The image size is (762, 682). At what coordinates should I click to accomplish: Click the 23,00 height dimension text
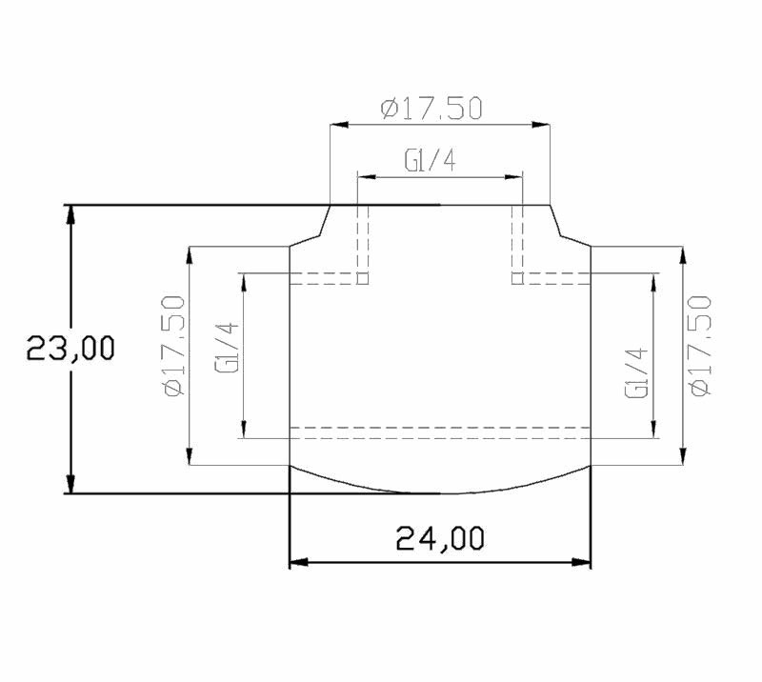tap(70, 348)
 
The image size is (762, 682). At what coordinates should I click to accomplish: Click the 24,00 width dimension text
tap(440, 538)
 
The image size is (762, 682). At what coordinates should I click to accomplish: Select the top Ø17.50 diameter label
tap(431, 109)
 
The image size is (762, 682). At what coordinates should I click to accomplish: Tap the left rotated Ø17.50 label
tap(175, 346)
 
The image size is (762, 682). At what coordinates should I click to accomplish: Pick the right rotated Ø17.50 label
tap(700, 346)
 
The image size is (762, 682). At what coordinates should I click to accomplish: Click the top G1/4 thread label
tap(431, 160)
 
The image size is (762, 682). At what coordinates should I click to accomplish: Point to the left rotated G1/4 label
tap(227, 348)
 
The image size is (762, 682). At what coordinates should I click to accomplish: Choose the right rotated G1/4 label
tap(636, 372)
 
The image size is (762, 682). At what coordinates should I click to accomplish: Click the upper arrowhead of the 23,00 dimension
tap(71, 214)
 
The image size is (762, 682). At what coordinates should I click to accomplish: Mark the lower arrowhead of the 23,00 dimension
tap(71, 484)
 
